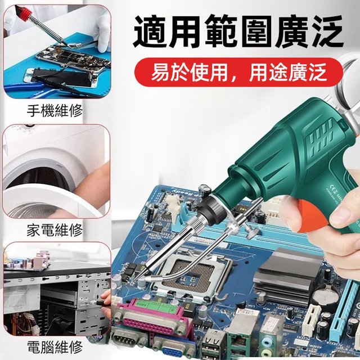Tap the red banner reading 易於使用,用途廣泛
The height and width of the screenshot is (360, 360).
click(x=238, y=74)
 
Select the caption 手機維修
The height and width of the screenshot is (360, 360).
click(x=55, y=110)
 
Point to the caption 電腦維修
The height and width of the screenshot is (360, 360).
click(x=55, y=346)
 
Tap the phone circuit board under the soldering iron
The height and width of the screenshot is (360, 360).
click(x=62, y=56)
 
